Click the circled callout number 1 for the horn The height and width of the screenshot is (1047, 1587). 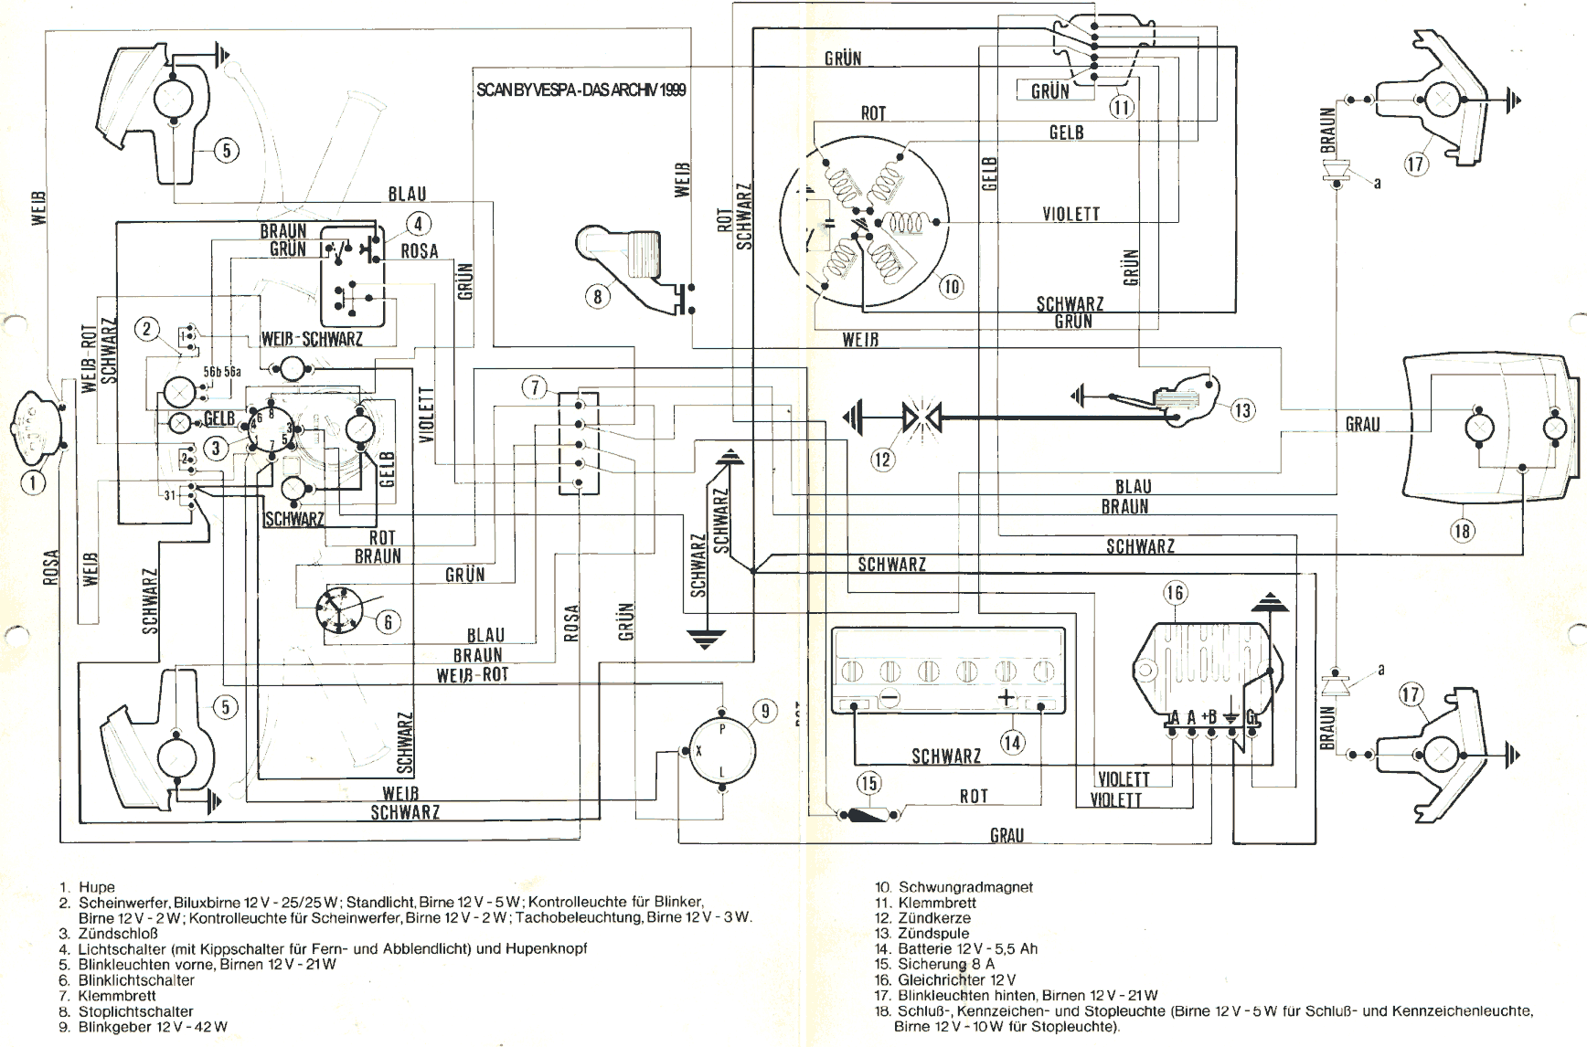point(33,481)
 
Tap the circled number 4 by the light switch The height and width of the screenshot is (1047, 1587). point(418,224)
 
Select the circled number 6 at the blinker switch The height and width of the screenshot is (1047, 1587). point(389,622)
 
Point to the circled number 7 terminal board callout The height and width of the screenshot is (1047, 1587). point(535,387)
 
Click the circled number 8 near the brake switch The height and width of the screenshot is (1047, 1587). point(597,296)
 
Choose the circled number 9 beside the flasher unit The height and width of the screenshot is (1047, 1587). point(765,711)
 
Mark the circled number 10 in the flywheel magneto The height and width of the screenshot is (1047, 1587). point(952,287)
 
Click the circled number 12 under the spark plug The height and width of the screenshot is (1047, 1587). point(882,460)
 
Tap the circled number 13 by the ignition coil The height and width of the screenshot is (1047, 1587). point(1242,410)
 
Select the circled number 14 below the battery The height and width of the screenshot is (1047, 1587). point(1012,742)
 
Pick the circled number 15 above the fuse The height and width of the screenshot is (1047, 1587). point(868,783)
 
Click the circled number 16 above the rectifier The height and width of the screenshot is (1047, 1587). point(1175,593)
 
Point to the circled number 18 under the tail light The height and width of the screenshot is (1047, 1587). point(1463,531)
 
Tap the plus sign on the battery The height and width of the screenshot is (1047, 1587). point(1007,699)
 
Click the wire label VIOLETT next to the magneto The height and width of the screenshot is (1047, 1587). point(1070,214)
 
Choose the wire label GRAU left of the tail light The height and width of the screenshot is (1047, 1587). point(1362,425)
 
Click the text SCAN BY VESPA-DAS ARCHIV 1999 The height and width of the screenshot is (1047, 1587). point(581,90)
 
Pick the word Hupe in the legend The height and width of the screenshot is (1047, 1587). point(97,887)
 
